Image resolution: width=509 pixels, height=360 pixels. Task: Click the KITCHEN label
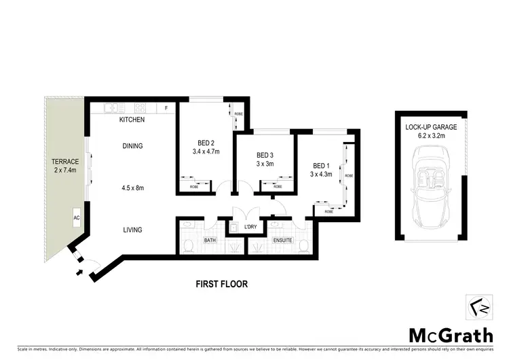pos(132,120)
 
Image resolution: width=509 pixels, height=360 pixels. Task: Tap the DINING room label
pos(132,145)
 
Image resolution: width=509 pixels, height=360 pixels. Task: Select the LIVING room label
pos(132,230)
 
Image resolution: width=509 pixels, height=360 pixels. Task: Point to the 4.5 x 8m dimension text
pos(132,188)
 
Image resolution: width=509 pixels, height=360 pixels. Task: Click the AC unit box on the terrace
pos(76,218)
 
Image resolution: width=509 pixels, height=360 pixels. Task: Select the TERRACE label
pos(66,161)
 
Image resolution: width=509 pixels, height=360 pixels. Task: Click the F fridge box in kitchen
pos(166,108)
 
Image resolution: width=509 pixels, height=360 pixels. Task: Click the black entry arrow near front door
pos(81,272)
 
